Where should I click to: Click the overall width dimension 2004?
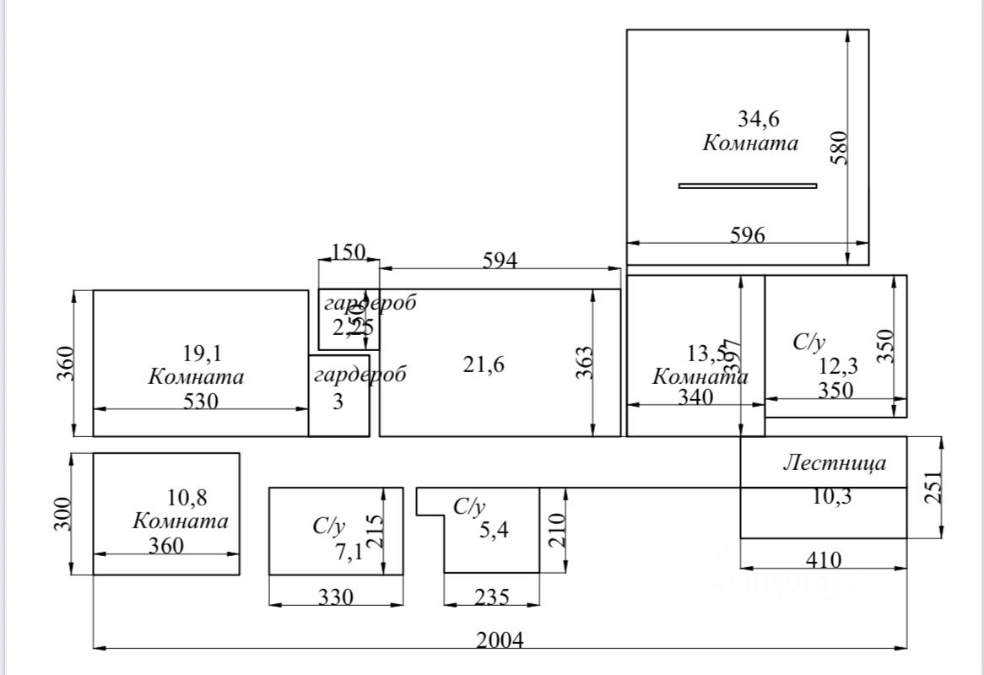click(x=500, y=640)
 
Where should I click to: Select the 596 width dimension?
click(x=748, y=235)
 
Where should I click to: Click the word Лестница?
click(x=835, y=462)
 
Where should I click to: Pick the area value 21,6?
click(x=484, y=364)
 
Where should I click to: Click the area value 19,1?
click(x=203, y=353)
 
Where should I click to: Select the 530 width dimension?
click(x=201, y=401)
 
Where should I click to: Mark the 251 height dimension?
click(x=933, y=487)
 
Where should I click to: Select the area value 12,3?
click(x=840, y=366)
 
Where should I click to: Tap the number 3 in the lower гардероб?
click(x=338, y=402)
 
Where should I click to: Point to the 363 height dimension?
click(x=585, y=363)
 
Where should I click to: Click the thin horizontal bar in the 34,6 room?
click(x=748, y=186)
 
